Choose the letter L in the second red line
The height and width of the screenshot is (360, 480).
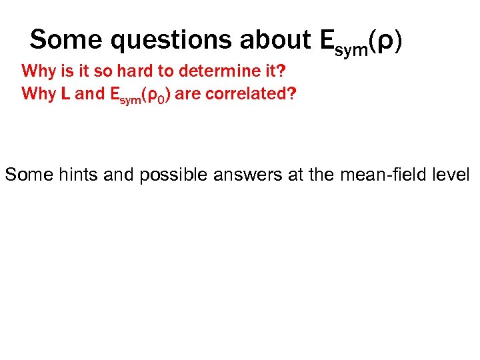pyautogui.click(x=66, y=93)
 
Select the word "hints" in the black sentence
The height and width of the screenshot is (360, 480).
pyautogui.click(x=66, y=175)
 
